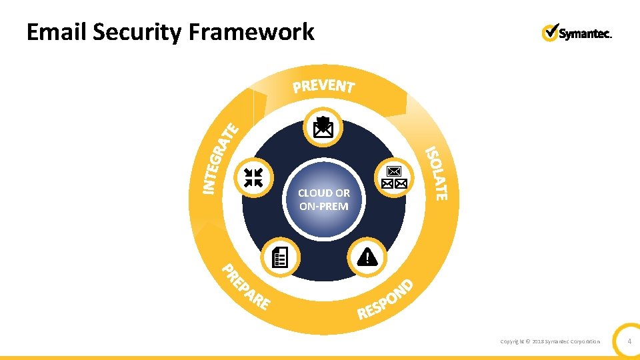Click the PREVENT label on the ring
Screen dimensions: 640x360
pyautogui.click(x=324, y=86)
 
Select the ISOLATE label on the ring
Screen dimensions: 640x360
pyautogui.click(x=437, y=173)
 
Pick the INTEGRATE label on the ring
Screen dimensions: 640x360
pyautogui.click(x=221, y=158)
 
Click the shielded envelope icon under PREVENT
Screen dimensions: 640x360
pyautogui.click(x=323, y=127)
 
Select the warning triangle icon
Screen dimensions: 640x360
pyautogui.click(x=367, y=256)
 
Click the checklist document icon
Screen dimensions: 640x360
pyautogui.click(x=281, y=257)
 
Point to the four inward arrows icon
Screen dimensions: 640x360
pyautogui.click(x=253, y=177)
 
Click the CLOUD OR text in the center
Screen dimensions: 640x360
pyautogui.click(x=324, y=193)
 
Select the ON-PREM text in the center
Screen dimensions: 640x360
pyautogui.click(x=324, y=207)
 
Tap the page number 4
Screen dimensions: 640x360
pyautogui.click(x=629, y=342)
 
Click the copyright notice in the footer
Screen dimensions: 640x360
pyautogui.click(x=550, y=342)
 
